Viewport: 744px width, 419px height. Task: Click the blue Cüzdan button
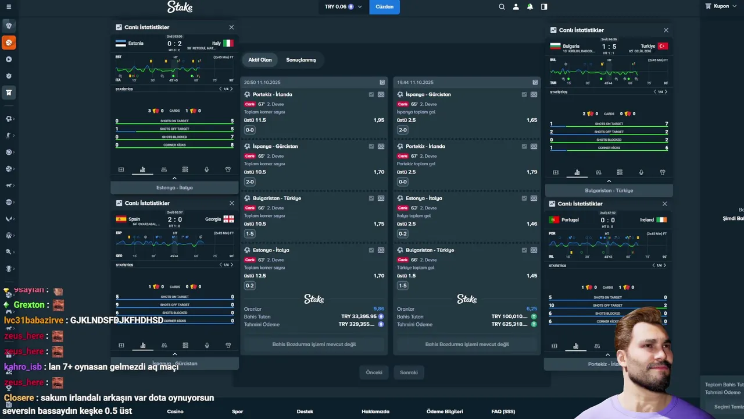[x=384, y=7]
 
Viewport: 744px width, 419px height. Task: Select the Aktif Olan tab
[x=260, y=60]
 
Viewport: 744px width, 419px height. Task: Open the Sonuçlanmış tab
[x=301, y=60]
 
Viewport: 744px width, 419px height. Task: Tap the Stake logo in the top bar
[x=180, y=7]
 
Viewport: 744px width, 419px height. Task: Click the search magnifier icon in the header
[x=502, y=7]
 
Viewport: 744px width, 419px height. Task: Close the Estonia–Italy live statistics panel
[x=231, y=27]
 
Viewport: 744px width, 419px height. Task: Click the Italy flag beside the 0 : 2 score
[x=228, y=43]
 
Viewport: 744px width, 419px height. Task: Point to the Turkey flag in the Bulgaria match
[x=663, y=46]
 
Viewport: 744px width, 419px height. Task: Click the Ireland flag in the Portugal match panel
[x=661, y=220]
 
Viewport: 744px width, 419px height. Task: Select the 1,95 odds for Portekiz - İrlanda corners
[x=378, y=120]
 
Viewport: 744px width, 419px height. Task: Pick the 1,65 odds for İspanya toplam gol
[x=531, y=120]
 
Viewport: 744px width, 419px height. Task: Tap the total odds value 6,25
[x=531, y=309]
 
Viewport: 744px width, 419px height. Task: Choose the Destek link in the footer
[x=305, y=411]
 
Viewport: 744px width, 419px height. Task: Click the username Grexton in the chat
[x=29, y=305]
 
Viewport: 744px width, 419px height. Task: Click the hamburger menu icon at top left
[x=8, y=7]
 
